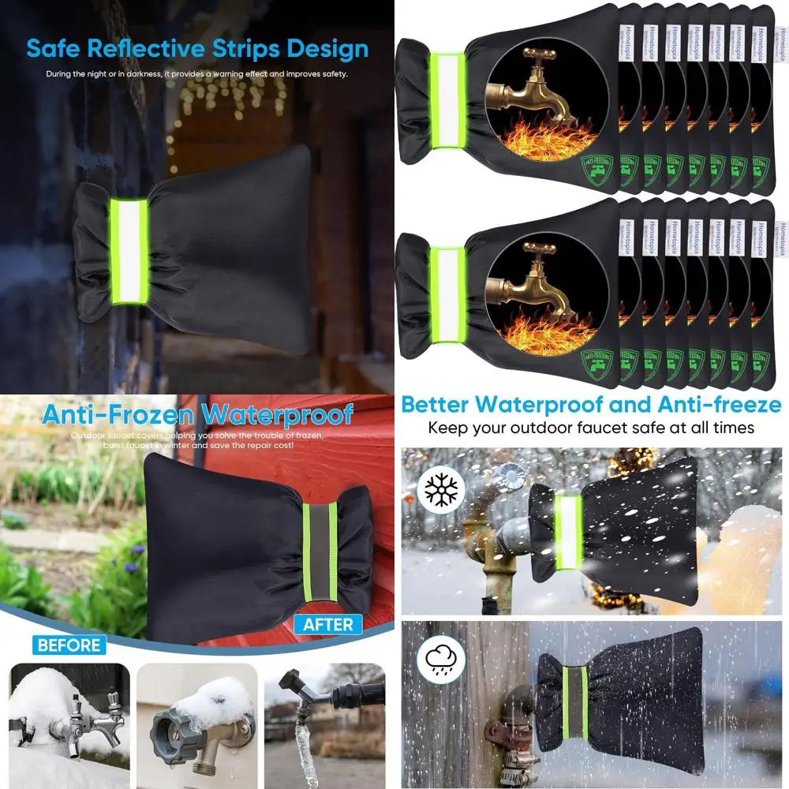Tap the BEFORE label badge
click(69, 645)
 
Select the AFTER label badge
click(328, 624)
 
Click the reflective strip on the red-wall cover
click(320, 552)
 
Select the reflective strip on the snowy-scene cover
click(567, 533)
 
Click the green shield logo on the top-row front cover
click(595, 166)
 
